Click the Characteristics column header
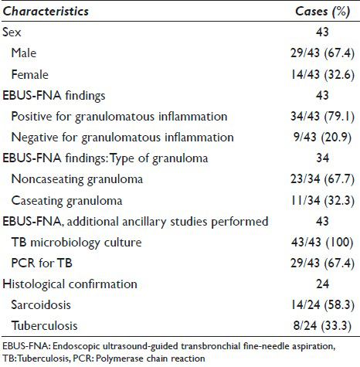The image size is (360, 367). pos(46,12)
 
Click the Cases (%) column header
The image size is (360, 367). pos(323,12)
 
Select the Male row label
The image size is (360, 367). pos(24,53)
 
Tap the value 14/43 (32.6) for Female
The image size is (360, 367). pos(323,75)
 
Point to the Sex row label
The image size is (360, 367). pos(12,32)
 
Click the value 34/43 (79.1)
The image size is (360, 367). pos(323,117)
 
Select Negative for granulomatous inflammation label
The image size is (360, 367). pos(123,138)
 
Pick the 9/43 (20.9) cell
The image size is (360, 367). pos(323,138)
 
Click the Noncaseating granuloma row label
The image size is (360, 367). pos(77,179)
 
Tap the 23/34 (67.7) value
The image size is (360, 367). pos(323,179)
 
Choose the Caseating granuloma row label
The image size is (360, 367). pos(66,201)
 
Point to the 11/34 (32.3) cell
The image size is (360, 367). pos(323,201)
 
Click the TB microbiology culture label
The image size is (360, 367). pos(76,243)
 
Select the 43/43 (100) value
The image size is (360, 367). pos(323,243)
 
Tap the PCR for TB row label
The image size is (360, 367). pos(42,263)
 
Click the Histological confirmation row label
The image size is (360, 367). pos(70,284)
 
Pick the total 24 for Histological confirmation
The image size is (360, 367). pos(323,284)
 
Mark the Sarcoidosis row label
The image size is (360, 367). pos(41,305)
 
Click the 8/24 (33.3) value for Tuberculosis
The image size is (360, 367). pos(323,326)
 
